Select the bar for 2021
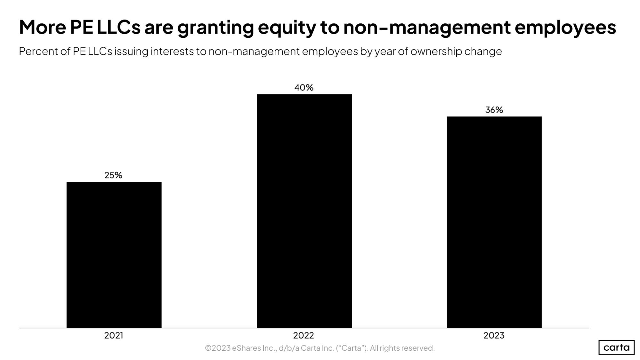(x=114, y=255)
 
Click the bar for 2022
(x=304, y=211)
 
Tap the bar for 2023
(x=494, y=222)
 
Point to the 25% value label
(x=113, y=175)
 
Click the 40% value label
(x=304, y=87)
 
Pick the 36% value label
(x=494, y=110)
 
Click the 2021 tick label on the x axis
(x=114, y=335)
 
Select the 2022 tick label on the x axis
(x=304, y=335)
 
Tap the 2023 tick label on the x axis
(x=494, y=335)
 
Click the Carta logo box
(x=616, y=347)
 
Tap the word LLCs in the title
(x=118, y=27)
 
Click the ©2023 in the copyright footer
(x=218, y=348)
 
